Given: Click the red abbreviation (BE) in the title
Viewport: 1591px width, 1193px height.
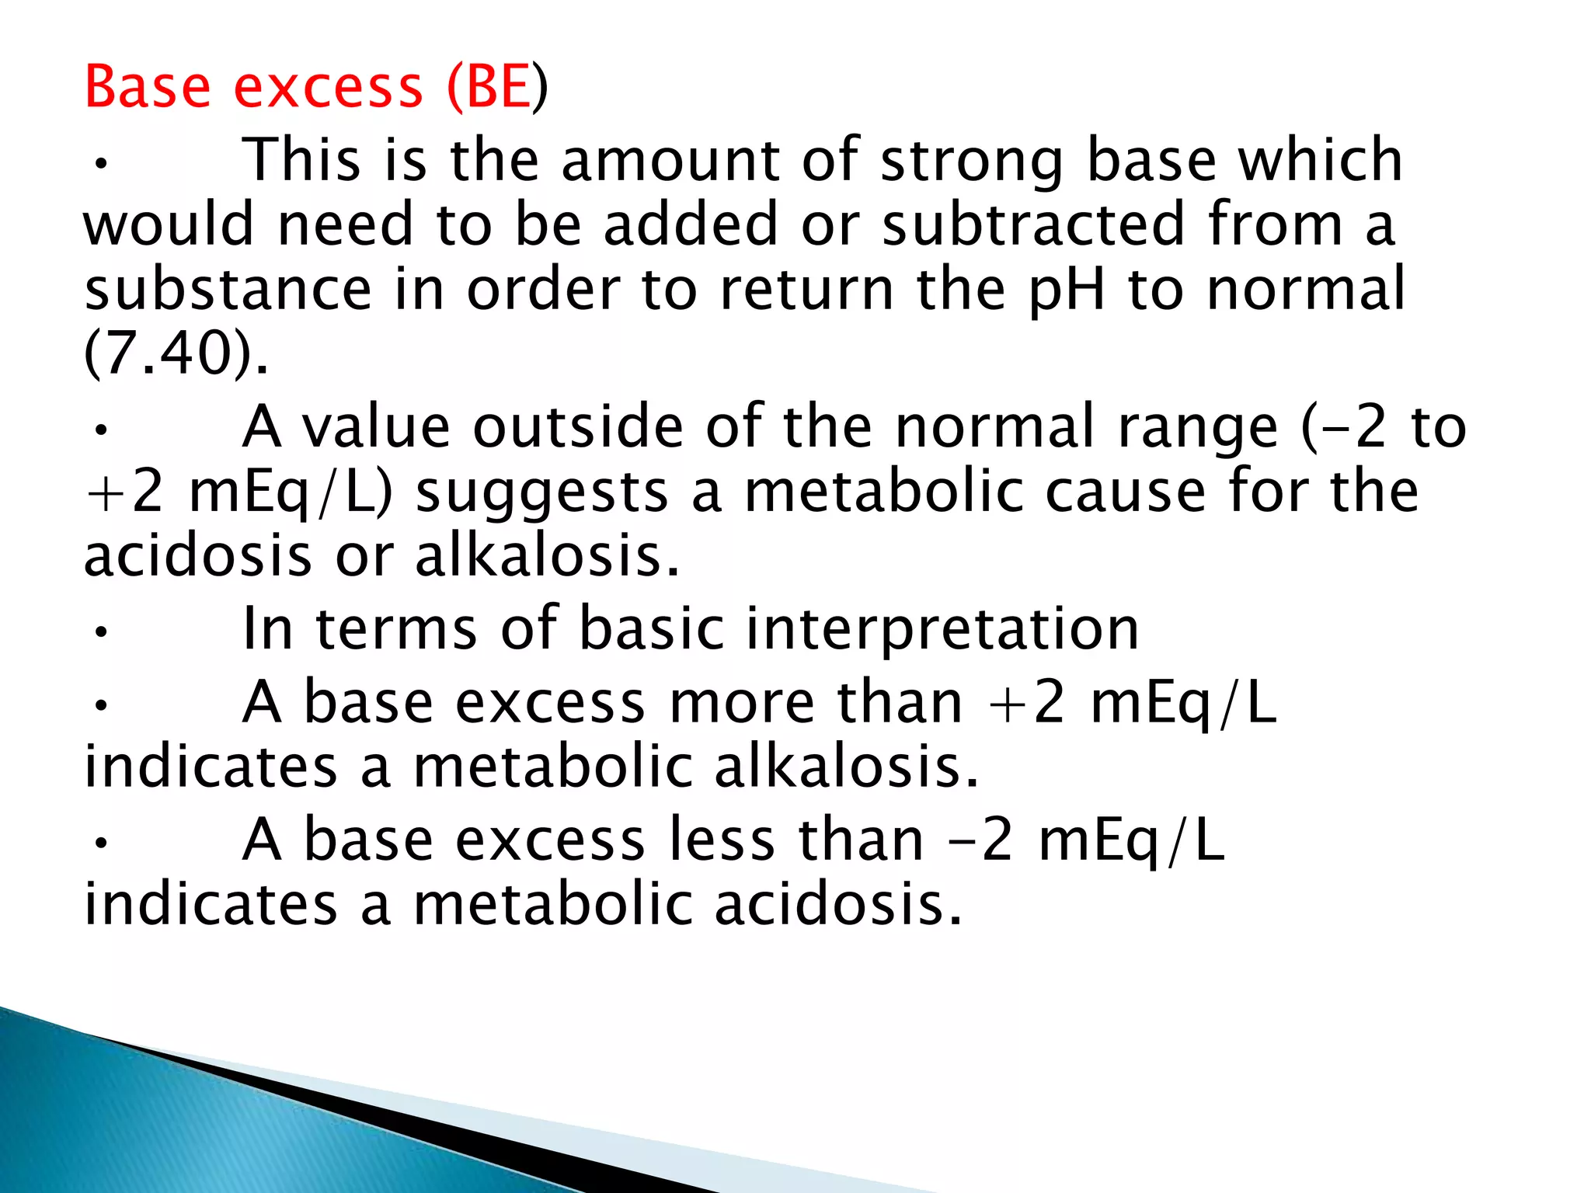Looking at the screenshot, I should point(498,87).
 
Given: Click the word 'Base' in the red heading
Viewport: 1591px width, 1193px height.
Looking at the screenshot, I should point(148,87).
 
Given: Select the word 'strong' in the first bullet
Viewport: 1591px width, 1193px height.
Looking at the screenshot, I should point(972,161).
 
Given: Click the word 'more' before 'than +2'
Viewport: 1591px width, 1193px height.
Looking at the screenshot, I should point(742,703).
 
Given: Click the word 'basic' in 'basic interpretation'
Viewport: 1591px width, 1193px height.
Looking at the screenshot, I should point(653,628).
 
